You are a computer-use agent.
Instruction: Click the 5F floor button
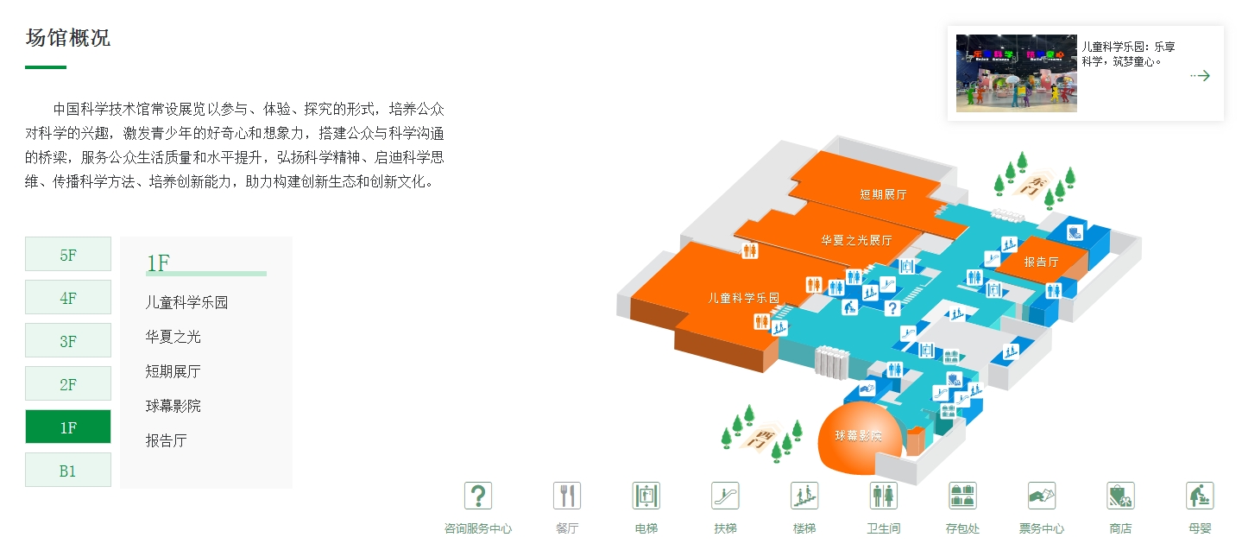[68, 255]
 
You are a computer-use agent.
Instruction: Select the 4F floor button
[68, 298]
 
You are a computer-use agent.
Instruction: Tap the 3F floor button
[68, 341]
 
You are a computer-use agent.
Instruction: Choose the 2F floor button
[68, 384]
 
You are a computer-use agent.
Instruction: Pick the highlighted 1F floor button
[68, 427]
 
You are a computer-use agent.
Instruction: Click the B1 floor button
[68, 471]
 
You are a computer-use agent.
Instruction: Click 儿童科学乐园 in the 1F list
[186, 302]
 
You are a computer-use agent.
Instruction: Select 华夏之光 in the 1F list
[173, 337]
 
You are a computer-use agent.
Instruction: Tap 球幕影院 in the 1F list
[173, 406]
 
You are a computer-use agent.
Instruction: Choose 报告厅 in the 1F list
[166, 440]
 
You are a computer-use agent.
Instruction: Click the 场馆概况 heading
[68, 38]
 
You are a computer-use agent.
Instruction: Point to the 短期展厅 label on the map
[883, 194]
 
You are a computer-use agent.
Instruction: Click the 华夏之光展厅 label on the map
[856, 240]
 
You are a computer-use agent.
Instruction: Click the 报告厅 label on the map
[1041, 261]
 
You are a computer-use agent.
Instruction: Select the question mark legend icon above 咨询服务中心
[478, 496]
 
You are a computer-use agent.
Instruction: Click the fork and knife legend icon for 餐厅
[566, 496]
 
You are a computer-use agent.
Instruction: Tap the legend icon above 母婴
[1200, 496]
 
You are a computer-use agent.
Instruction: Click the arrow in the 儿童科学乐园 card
[1200, 76]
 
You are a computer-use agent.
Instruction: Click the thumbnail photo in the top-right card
[1016, 73]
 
